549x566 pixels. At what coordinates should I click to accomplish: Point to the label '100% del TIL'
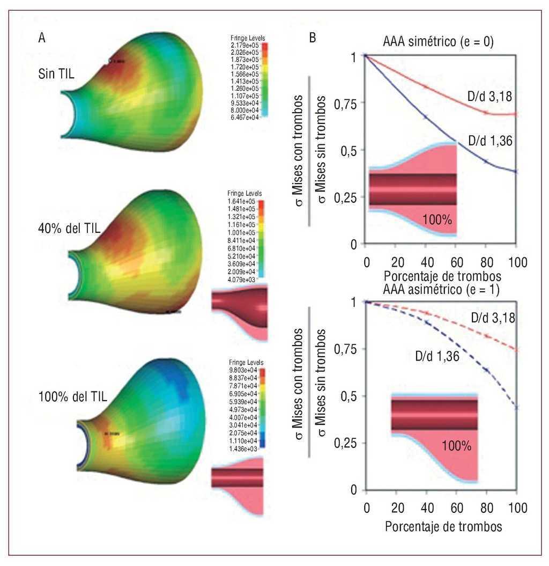[73, 397]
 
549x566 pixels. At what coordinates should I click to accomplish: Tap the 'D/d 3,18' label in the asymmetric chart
[493, 318]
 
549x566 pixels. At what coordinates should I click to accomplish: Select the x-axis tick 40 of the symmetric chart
[426, 263]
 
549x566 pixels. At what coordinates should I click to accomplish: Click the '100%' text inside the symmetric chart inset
[436, 219]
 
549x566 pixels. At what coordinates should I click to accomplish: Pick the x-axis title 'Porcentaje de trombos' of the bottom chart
[443, 526]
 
